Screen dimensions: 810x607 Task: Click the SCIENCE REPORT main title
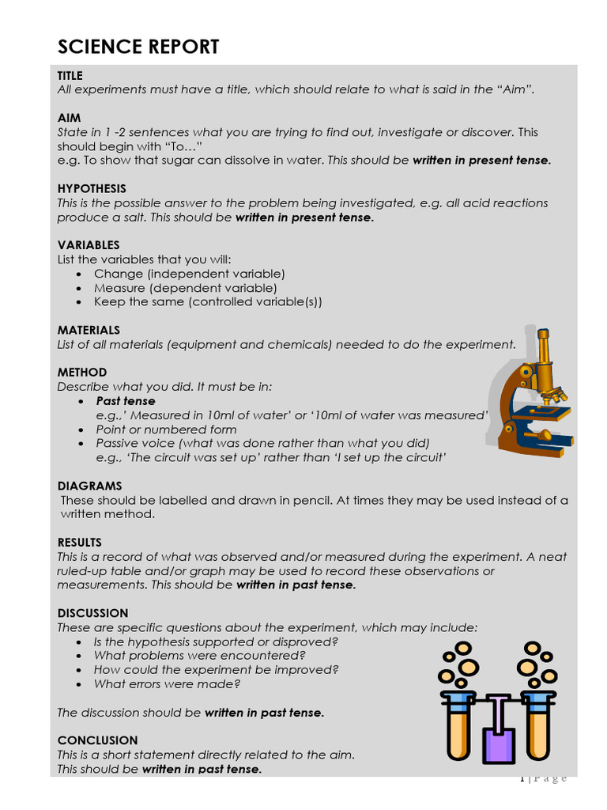coord(138,47)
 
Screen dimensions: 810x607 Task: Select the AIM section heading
coord(69,118)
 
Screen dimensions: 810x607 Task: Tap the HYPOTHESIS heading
coord(92,188)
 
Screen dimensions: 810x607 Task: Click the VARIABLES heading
coord(89,245)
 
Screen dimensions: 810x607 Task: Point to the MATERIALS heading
coord(89,330)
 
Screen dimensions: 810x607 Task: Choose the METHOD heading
coord(82,372)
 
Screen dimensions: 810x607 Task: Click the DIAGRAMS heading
coord(89,486)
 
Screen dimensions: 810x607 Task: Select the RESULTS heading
coord(80,543)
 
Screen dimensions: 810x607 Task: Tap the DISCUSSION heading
coord(92,613)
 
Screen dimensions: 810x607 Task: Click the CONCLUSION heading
coord(97,740)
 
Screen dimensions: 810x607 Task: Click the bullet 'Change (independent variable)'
coord(190,274)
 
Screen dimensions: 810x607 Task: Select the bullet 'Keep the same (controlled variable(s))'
coord(208,302)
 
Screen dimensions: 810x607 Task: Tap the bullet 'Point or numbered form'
coord(166,430)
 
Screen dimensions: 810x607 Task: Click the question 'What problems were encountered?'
coord(199,656)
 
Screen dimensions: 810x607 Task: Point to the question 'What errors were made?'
coord(167,684)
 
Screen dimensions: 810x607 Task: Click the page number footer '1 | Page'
coord(544,778)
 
